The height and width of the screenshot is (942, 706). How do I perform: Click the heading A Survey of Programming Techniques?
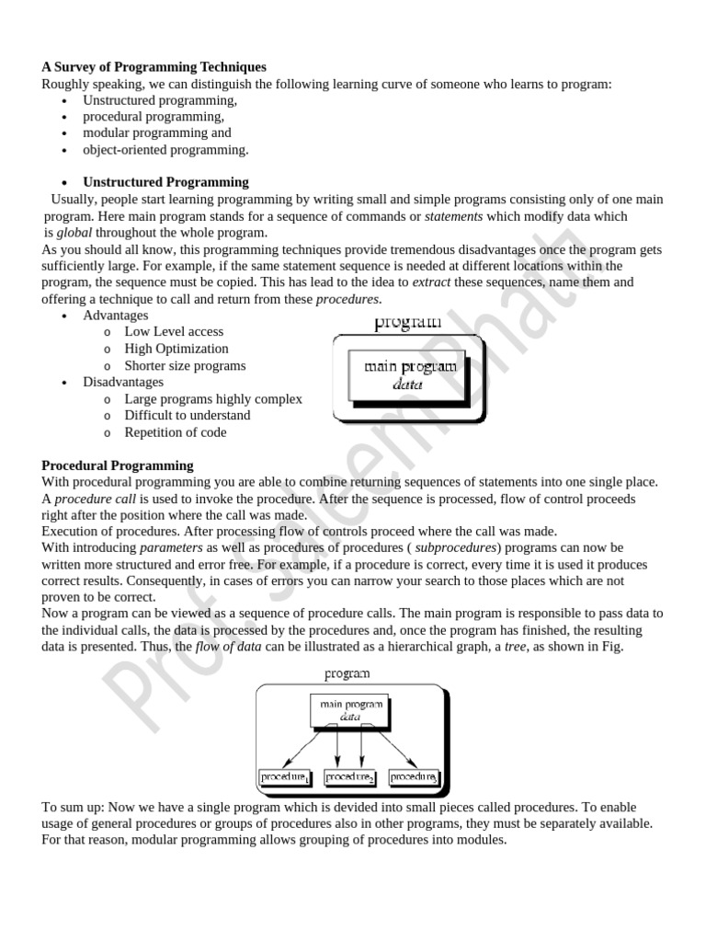154,67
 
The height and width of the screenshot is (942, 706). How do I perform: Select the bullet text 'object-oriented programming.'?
165,150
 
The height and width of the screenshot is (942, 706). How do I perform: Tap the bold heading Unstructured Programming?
165,182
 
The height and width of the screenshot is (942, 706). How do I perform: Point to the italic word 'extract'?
431,282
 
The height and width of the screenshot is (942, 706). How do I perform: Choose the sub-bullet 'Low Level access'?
174,331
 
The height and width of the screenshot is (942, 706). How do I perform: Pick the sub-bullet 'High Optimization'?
176,349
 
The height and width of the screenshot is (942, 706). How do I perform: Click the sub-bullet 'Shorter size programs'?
185,365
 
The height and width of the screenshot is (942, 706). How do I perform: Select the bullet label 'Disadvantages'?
123,382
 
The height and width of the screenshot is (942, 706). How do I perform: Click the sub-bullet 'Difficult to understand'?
188,415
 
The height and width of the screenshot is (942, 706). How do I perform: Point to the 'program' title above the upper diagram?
407,323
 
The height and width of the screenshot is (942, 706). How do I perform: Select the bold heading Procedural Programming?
118,465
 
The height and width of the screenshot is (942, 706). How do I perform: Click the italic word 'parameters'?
170,548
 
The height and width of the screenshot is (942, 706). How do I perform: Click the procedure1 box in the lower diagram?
283,777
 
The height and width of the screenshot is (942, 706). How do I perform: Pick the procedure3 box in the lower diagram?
413,777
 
